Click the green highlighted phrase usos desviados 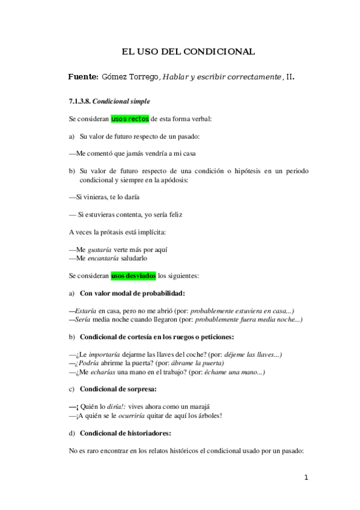133,276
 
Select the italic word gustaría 99,249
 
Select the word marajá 201,406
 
